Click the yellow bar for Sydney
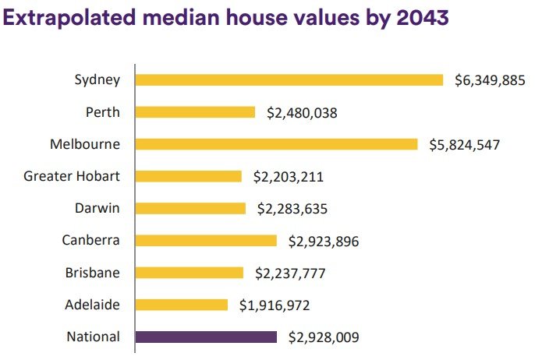click(289, 79)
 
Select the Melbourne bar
click(276, 144)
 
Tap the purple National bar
click(206, 337)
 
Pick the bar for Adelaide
click(182, 305)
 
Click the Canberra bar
click(206, 240)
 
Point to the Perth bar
click(195, 112)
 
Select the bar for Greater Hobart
click(189, 176)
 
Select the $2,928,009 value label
click(324, 337)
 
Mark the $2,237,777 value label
click(290, 274)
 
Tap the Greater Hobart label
click(72, 176)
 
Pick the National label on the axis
click(94, 337)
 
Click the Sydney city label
click(97, 79)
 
